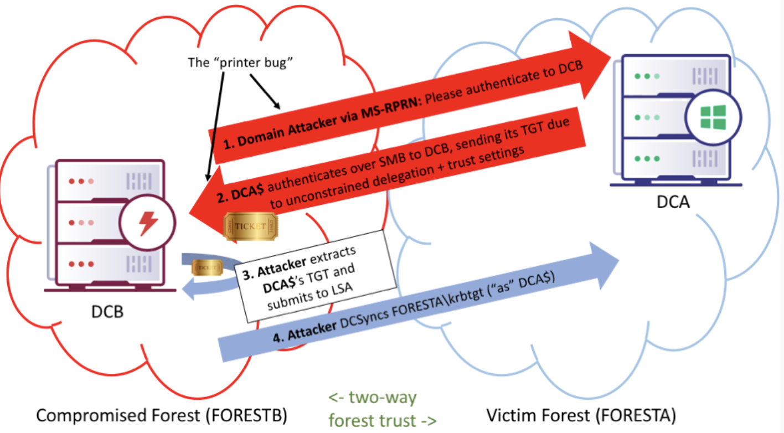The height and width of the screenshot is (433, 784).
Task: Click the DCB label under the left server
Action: (107, 312)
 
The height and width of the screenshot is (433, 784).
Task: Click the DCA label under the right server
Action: (673, 202)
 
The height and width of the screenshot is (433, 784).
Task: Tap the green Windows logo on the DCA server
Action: (713, 117)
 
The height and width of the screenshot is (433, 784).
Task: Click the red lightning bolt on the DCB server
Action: (148, 223)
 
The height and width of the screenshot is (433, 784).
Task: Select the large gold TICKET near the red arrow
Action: (251, 226)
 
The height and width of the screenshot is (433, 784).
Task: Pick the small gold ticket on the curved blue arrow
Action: (207, 268)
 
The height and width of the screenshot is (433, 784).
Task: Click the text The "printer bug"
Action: (240, 63)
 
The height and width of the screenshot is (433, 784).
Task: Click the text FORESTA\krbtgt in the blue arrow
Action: (437, 304)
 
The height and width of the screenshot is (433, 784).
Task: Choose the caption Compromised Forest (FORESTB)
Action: (161, 415)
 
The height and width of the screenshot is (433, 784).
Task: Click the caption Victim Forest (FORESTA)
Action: (581, 415)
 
